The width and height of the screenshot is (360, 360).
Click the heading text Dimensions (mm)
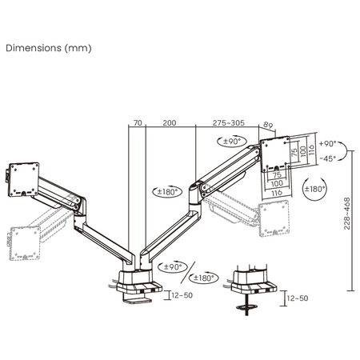click(x=49, y=47)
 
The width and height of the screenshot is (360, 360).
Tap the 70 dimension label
click(x=138, y=124)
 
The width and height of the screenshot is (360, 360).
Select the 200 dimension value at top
click(x=169, y=124)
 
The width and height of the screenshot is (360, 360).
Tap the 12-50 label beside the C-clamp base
click(x=182, y=295)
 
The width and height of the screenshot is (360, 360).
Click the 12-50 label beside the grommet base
click(x=297, y=298)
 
